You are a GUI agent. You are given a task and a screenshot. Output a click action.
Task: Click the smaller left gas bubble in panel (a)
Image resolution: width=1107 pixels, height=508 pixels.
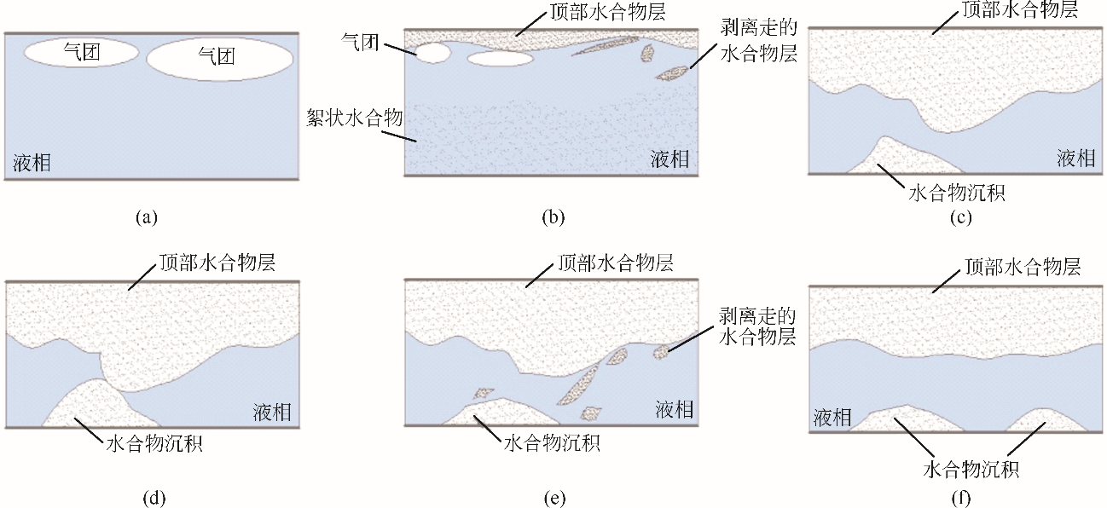[x=81, y=52]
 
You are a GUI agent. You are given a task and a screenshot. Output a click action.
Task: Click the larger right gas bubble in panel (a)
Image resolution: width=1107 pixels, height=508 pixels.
[x=220, y=58]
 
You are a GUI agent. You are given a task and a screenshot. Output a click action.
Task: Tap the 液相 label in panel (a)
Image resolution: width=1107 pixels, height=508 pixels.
[x=32, y=163]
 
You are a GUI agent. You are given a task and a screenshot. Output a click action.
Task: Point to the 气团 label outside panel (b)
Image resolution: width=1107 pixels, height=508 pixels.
[x=359, y=43]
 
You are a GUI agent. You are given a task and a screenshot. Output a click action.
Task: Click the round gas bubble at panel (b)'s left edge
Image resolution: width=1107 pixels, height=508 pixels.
[x=431, y=53]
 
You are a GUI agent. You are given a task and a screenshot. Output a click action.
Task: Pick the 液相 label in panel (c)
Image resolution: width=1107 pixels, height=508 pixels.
[x=1075, y=158]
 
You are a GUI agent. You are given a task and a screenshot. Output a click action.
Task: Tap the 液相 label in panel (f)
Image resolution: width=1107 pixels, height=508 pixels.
[x=833, y=417]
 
